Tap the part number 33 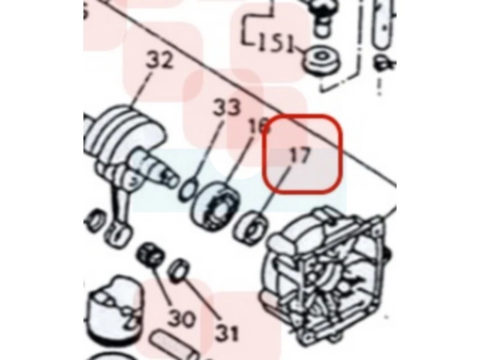coord(227,107)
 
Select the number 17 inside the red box coord(299,155)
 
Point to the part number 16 coord(259,125)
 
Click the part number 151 coord(275,43)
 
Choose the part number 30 coord(181,319)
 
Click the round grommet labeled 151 coord(322,60)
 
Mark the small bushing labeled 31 coord(178,271)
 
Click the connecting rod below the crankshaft coord(118,211)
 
